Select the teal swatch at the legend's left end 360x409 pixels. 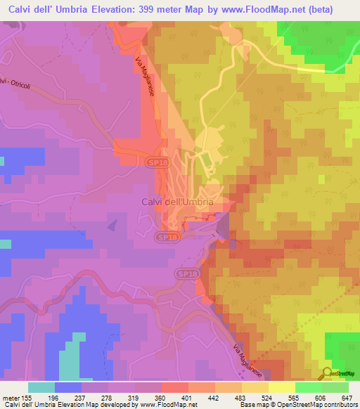(41, 387)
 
